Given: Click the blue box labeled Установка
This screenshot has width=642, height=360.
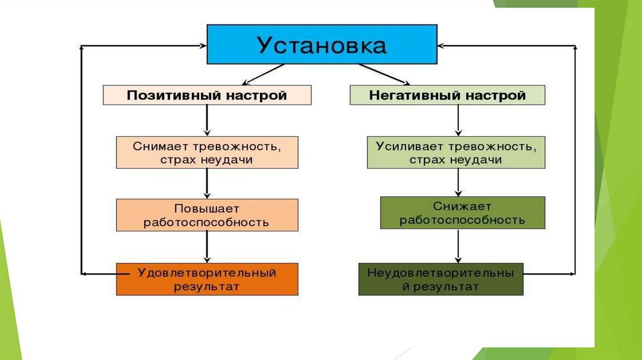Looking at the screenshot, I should (x=322, y=45).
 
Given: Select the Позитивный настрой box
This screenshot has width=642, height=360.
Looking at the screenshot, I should (x=207, y=95).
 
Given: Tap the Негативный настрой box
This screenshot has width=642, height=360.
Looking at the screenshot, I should (x=447, y=95).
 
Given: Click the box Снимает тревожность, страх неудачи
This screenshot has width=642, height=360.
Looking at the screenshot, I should (x=207, y=152).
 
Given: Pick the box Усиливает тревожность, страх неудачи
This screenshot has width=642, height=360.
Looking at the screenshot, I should (x=456, y=152).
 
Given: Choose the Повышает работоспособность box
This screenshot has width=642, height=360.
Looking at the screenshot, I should (x=207, y=215).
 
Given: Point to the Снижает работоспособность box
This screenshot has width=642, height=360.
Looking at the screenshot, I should (x=463, y=213).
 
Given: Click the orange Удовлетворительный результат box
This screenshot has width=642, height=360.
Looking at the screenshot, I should (x=207, y=279).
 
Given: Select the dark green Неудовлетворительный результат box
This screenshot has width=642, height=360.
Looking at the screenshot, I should (x=441, y=279).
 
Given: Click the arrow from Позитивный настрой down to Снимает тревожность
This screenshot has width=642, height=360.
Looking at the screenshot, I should (x=207, y=120).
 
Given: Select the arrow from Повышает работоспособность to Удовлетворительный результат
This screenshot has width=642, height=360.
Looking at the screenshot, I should (x=207, y=247).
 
